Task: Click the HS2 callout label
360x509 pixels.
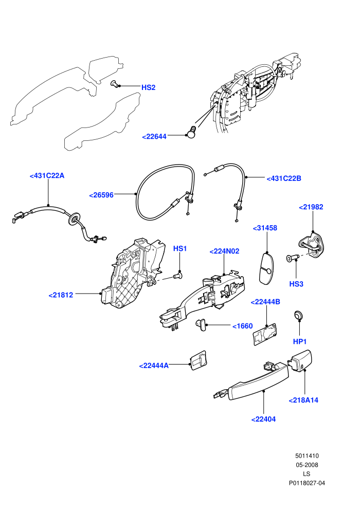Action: tap(148, 87)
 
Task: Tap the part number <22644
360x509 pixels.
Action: tap(154, 137)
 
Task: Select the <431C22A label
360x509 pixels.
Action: tap(47, 176)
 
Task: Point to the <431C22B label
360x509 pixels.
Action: tap(284, 178)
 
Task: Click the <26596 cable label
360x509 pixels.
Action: tap(101, 195)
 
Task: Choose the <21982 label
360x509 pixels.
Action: tap(311, 207)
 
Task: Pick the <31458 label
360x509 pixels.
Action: tap(265, 228)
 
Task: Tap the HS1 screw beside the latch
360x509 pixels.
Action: tap(178, 276)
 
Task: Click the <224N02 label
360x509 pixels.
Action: tap(224, 251)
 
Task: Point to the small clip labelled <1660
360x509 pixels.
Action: tap(201, 324)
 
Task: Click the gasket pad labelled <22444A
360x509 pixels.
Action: tap(199, 360)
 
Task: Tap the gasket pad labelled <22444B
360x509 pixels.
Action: tap(264, 334)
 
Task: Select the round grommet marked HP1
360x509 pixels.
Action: tap(298, 315)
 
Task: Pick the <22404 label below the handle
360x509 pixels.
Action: tap(264, 420)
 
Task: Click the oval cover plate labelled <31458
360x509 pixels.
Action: tap(266, 268)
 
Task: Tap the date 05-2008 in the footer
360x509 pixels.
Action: tap(307, 465)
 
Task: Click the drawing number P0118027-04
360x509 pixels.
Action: tap(307, 483)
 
